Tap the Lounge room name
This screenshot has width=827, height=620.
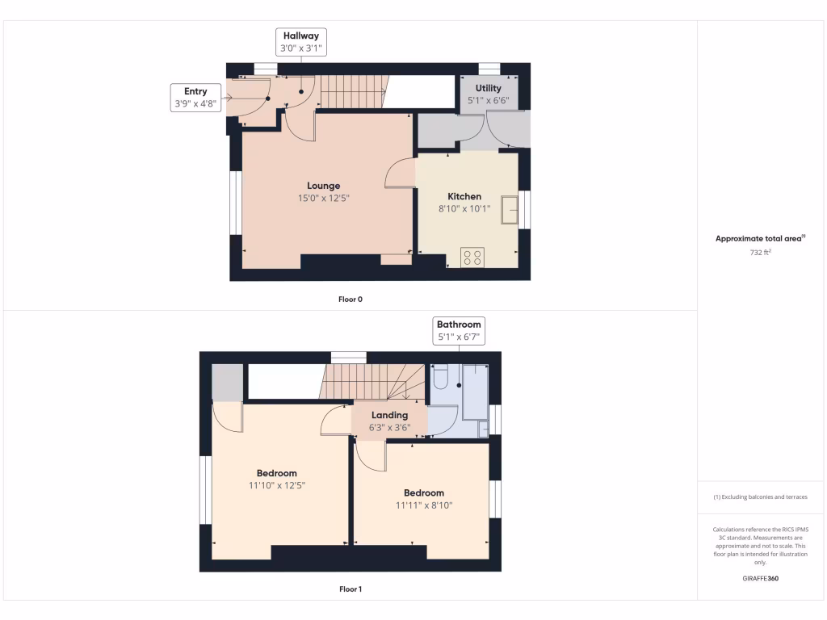click(323, 186)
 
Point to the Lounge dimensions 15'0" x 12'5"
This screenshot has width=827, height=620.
click(323, 198)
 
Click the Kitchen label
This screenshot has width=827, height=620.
click(464, 196)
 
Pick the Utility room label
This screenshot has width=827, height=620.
click(488, 88)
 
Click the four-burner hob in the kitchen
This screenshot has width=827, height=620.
click(473, 258)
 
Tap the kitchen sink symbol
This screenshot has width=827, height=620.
click(510, 209)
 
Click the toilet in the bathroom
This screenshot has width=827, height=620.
click(441, 377)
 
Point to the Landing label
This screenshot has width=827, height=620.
click(389, 415)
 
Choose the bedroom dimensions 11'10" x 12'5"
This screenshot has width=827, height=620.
click(277, 485)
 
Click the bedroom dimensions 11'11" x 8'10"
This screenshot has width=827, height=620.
click(424, 505)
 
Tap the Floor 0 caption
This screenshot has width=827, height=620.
click(351, 300)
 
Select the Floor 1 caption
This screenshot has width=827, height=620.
click(351, 589)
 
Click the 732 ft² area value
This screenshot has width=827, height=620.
click(761, 253)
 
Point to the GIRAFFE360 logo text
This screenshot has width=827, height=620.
click(761, 578)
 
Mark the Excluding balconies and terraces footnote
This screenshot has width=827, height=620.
click(761, 497)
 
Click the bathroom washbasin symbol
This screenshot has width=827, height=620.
click(483, 429)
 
